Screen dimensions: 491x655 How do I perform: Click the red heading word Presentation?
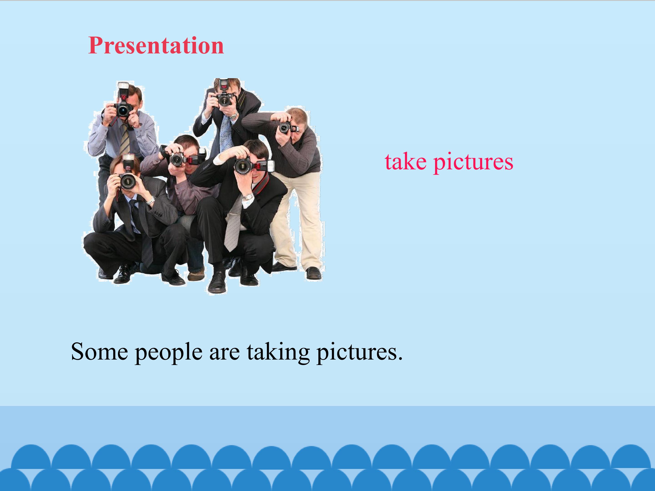pos(156,46)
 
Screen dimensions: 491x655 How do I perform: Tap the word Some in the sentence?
pos(99,352)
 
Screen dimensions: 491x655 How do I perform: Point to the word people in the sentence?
pos(169,353)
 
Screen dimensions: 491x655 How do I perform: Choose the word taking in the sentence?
pos(278,353)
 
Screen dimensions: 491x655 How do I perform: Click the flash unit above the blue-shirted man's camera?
pos(123,89)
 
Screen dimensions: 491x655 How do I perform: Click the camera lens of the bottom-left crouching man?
pos(128,181)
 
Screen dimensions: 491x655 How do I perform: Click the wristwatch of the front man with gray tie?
pos(248,197)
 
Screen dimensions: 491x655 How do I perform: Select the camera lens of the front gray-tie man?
pos(242,166)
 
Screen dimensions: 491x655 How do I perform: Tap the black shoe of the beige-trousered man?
pos(313,273)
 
